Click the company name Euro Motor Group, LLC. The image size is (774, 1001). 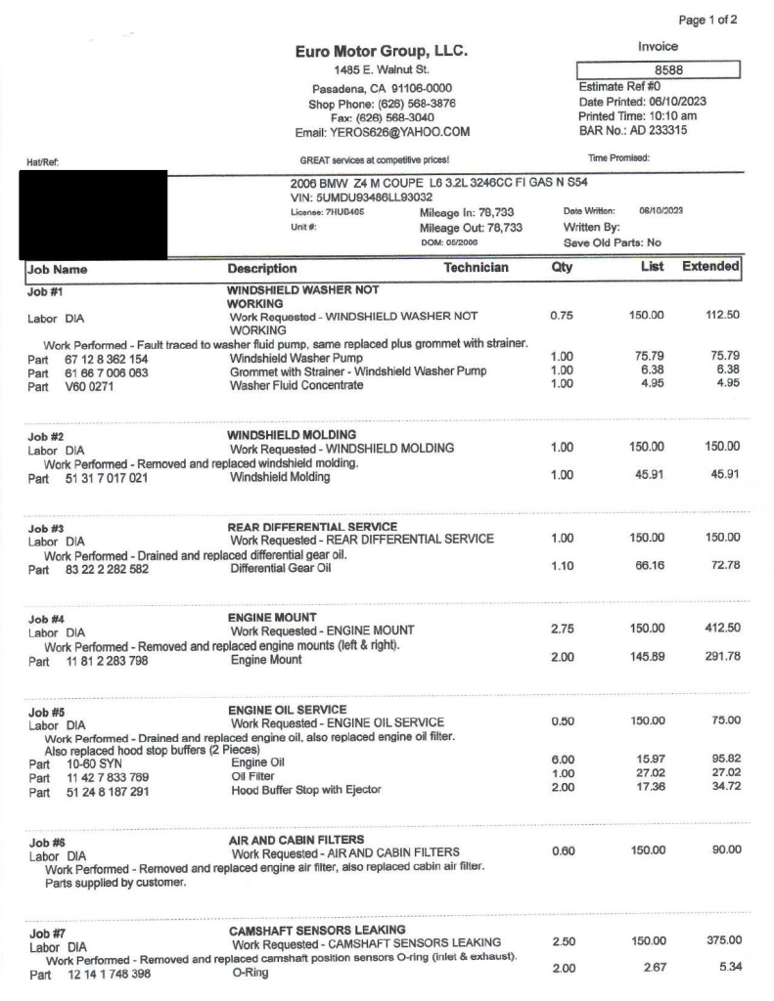[382, 51]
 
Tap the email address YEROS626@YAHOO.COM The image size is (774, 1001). [383, 132]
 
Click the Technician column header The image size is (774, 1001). [476, 268]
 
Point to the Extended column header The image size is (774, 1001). [709, 267]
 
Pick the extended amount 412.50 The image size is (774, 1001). [720, 631]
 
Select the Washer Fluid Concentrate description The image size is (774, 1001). [296, 385]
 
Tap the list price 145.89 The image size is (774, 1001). [647, 660]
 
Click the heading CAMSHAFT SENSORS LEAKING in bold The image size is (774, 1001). [317, 929]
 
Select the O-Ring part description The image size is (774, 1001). [250, 974]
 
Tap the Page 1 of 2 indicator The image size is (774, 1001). [707, 20]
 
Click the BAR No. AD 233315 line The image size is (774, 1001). [632, 130]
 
